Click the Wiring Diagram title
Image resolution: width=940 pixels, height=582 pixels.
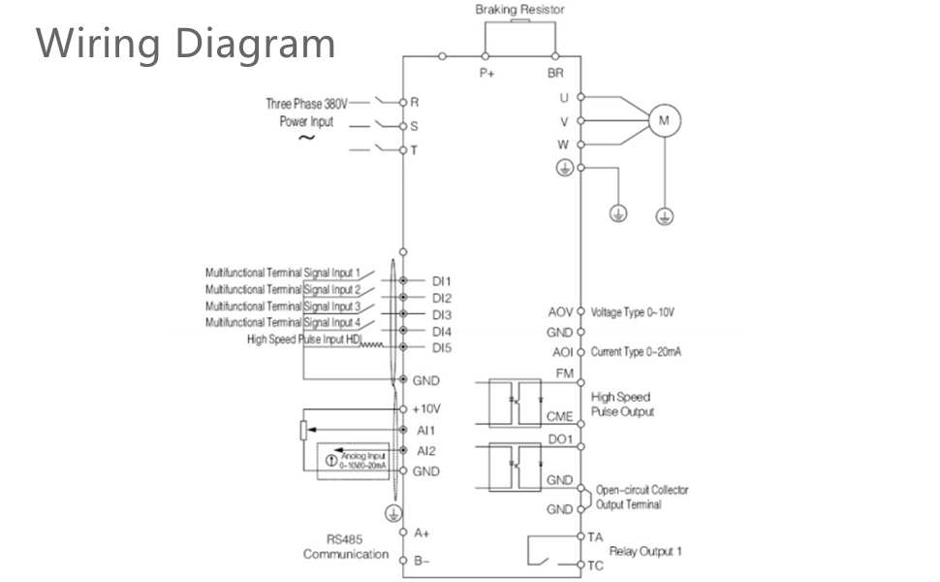click(x=186, y=44)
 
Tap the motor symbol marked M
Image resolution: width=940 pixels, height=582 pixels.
click(x=664, y=120)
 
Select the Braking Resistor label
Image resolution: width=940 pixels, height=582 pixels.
click(x=519, y=10)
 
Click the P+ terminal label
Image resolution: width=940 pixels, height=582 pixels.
click(x=486, y=73)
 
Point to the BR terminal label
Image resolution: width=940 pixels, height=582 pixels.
click(x=555, y=73)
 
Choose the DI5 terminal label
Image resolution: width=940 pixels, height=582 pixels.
click(x=441, y=346)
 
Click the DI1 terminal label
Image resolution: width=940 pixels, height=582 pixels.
click(x=441, y=280)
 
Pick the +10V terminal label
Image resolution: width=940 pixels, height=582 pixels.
click(x=427, y=408)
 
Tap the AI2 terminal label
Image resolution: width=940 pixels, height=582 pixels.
click(x=425, y=450)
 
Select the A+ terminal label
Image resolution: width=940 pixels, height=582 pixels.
click(x=423, y=533)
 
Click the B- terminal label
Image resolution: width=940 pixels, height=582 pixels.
click(x=423, y=560)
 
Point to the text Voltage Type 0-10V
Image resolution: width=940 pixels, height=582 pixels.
click(x=633, y=312)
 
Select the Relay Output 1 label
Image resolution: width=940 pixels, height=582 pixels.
click(x=645, y=551)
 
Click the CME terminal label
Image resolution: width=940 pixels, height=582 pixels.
click(x=560, y=416)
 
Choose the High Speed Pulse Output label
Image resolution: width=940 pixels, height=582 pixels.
click(x=622, y=404)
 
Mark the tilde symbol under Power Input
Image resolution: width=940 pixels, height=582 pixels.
click(x=306, y=138)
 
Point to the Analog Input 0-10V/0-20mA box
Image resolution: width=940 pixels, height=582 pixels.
click(x=355, y=461)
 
